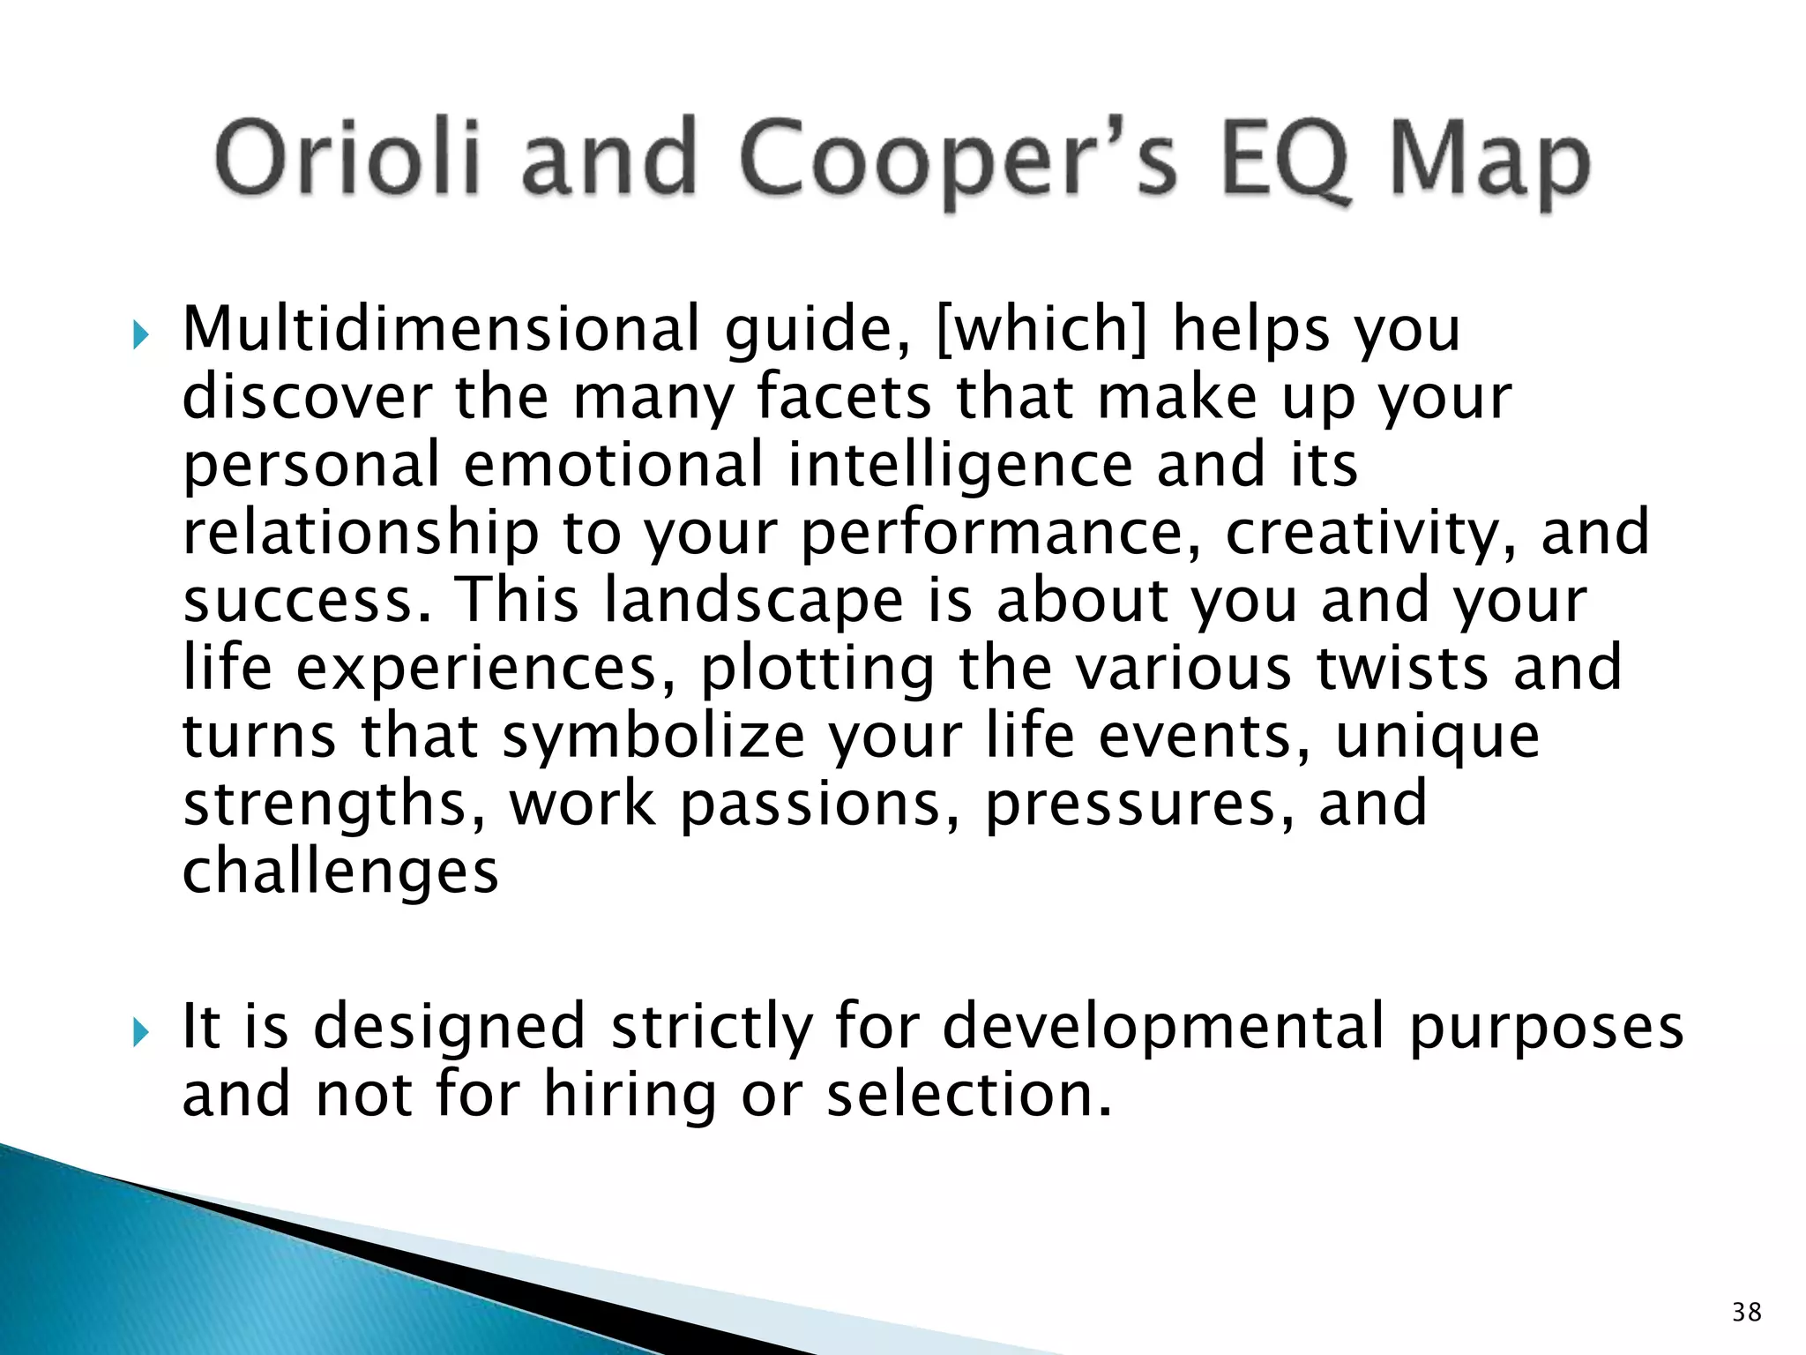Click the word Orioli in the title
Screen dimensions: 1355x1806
(348, 160)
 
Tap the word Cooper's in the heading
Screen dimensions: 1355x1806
(957, 163)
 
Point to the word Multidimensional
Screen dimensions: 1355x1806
(440, 329)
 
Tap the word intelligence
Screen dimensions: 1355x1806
(959, 466)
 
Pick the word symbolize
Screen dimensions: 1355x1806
(653, 737)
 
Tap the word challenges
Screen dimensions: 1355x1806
(340, 872)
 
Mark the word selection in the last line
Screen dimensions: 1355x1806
(968, 1095)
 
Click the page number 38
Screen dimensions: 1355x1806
(1746, 1312)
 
